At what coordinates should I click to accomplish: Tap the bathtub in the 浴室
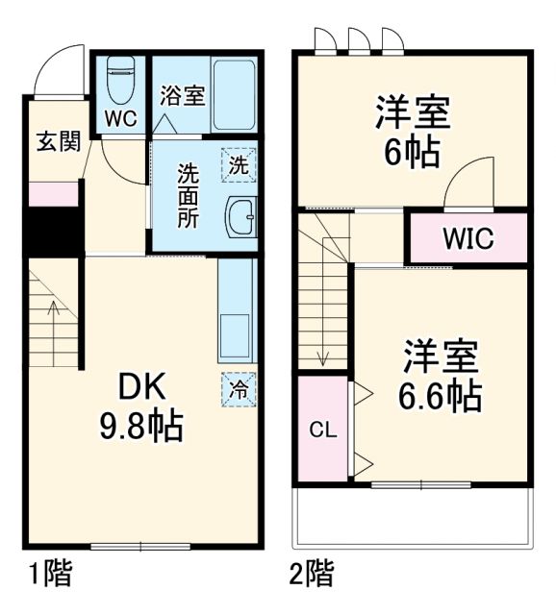(234, 95)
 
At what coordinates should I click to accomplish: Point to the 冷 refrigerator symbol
(238, 388)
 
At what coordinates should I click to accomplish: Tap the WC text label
(121, 119)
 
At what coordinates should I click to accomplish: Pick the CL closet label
(322, 429)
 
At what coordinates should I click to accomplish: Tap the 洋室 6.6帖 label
(441, 376)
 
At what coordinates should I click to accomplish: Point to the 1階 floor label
(50, 576)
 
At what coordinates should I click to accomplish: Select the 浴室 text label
(182, 96)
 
